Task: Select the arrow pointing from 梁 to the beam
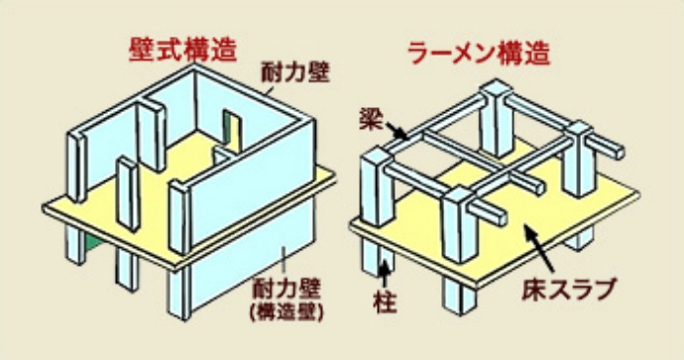point(394,130)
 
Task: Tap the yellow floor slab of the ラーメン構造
point(555,213)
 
